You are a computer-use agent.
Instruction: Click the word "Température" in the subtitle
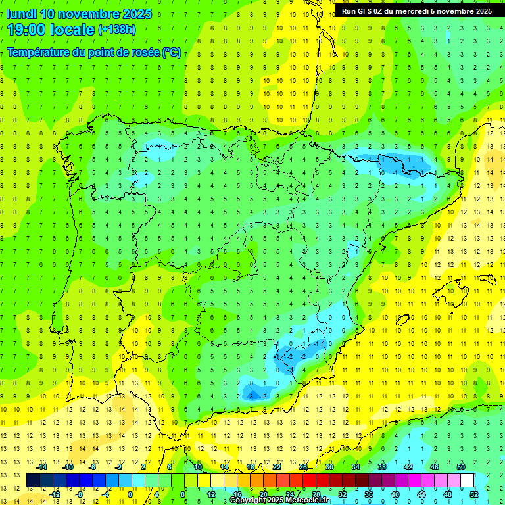[x=39, y=53]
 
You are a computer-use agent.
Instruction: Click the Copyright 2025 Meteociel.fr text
[x=280, y=500]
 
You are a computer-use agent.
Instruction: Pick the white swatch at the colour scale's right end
[x=467, y=481]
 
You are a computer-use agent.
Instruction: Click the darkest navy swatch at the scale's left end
[x=34, y=481]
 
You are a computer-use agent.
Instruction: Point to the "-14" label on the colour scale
[x=41, y=467]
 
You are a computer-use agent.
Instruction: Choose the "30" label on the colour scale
[x=329, y=467]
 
